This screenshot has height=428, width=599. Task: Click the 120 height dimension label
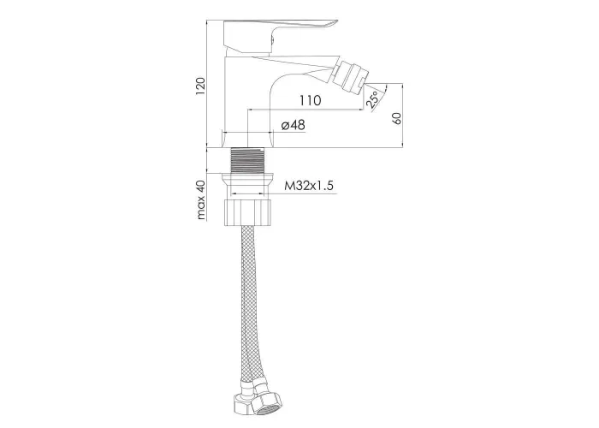coord(200,86)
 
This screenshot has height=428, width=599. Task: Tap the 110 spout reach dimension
coord(310,101)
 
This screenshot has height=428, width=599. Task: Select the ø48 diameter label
coord(293,125)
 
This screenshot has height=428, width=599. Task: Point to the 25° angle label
coord(372,99)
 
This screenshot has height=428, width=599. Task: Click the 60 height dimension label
coord(397,118)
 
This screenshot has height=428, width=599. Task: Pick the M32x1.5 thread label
coord(309,186)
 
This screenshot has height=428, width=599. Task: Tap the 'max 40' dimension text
coord(201,199)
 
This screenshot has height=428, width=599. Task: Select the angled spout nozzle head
coord(349,74)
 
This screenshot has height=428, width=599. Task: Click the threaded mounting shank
coord(248,161)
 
